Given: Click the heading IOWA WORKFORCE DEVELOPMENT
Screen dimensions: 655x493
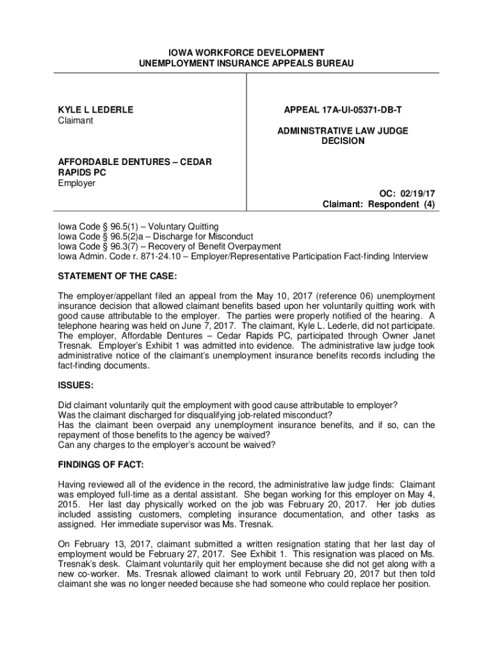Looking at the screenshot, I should click(247, 52).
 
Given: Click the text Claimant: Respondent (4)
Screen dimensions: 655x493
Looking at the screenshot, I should click(378, 205).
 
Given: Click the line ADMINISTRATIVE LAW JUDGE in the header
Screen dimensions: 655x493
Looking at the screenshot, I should click(343, 131).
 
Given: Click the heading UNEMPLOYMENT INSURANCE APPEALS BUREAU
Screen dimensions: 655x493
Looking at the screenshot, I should click(247, 63).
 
